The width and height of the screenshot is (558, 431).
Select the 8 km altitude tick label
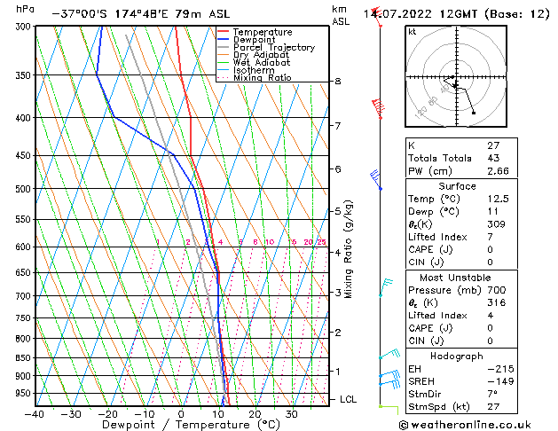click(337, 82)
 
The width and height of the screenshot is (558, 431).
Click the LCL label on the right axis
click(349, 400)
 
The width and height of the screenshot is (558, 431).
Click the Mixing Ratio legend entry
click(262, 78)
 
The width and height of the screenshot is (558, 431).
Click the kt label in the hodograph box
click(412, 32)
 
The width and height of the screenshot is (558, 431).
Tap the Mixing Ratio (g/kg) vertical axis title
click(350, 249)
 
